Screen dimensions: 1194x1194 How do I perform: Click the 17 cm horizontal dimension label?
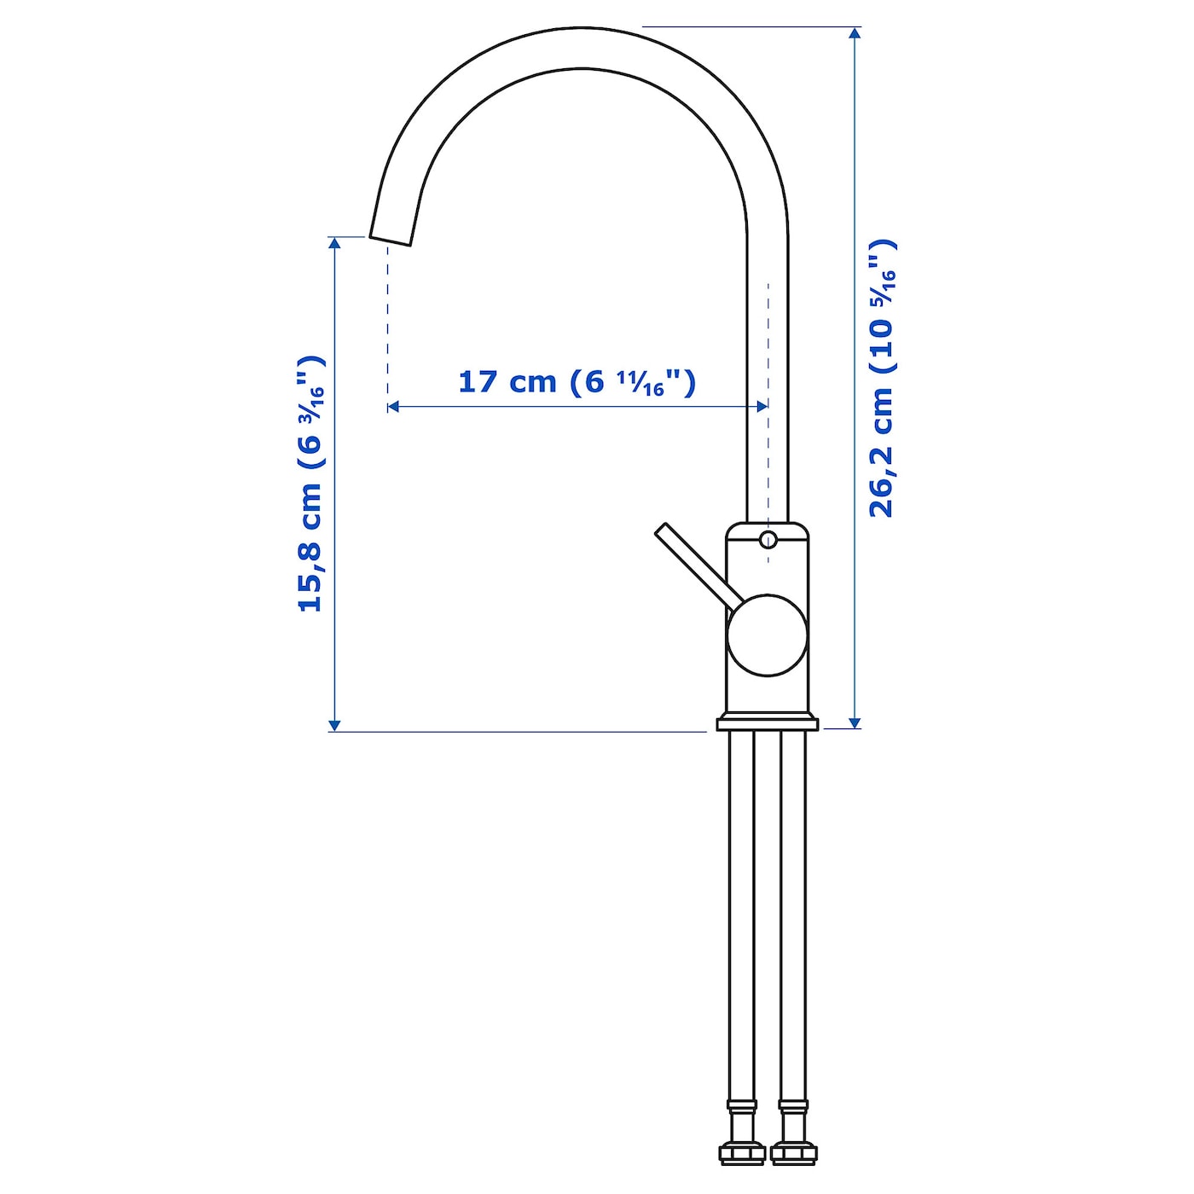[577, 381]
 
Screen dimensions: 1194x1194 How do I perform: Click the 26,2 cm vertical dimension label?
[882, 379]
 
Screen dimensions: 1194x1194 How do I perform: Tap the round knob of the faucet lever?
[767, 635]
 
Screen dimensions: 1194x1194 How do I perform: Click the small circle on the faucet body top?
[768, 539]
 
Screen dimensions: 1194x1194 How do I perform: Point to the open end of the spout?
[391, 239]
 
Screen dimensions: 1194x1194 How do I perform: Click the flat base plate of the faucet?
[767, 725]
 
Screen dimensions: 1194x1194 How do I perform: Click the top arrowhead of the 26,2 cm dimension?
[855, 34]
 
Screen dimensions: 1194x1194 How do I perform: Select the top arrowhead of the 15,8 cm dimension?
[334, 244]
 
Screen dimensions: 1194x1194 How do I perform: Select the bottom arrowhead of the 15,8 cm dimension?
[334, 724]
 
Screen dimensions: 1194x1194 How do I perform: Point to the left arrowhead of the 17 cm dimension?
[394, 408]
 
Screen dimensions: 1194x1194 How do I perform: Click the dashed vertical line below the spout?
[388, 324]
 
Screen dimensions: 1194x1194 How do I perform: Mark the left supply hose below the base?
[741, 913]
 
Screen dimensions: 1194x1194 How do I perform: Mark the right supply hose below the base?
[793, 913]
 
